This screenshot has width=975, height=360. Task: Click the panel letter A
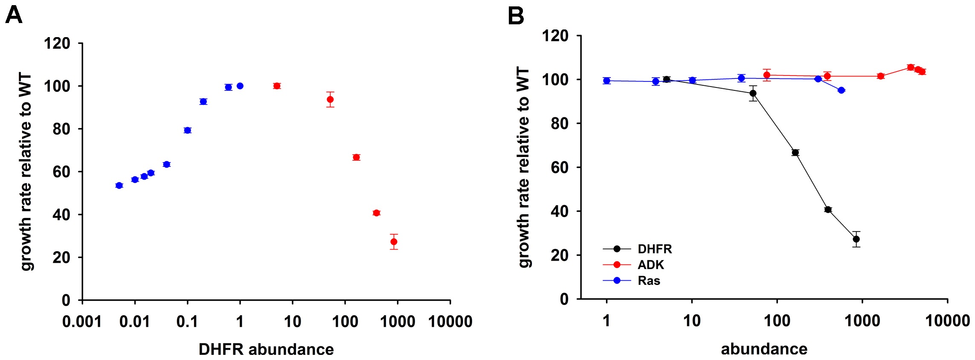(x=14, y=16)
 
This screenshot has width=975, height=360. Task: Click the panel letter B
(x=516, y=16)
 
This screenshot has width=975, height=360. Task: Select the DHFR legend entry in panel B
(x=654, y=249)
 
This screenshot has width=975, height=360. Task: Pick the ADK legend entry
(x=650, y=265)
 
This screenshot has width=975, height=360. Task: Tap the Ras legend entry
(x=649, y=281)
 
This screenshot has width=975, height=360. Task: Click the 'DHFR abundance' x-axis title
(x=266, y=349)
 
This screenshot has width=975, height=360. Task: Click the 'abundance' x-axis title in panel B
(x=764, y=349)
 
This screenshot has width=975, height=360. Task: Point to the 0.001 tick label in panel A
(x=82, y=322)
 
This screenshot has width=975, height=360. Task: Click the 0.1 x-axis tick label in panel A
(x=187, y=322)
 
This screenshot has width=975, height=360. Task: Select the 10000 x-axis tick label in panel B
(x=947, y=320)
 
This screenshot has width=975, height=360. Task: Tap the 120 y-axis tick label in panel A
(x=57, y=43)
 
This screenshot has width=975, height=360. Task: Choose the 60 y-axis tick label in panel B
(x=560, y=167)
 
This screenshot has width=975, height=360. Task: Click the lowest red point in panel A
(x=394, y=242)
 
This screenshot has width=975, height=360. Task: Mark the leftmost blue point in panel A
(x=119, y=186)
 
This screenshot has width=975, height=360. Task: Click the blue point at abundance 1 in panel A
(x=240, y=86)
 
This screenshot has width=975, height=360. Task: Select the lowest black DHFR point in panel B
(x=856, y=239)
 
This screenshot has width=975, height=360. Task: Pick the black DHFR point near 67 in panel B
(x=795, y=153)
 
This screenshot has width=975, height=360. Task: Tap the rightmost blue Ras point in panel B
(x=841, y=90)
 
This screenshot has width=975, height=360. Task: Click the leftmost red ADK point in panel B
(x=766, y=75)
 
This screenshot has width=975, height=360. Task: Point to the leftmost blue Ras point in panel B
(x=606, y=81)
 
